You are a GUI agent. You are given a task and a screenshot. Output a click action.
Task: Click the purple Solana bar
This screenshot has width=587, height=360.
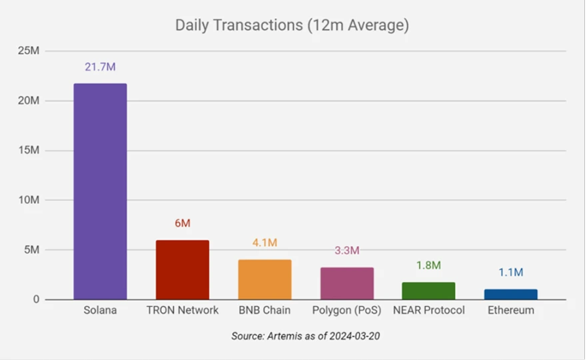100,191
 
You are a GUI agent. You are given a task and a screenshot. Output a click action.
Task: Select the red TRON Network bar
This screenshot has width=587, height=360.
183,269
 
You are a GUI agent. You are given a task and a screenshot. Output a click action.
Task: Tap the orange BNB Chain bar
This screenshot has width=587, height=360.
265,279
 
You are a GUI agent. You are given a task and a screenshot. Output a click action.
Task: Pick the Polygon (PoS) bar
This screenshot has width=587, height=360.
347,283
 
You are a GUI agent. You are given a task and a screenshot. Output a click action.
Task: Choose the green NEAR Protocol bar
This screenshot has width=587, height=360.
428,291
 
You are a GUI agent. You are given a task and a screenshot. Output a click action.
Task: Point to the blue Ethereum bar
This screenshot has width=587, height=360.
511,294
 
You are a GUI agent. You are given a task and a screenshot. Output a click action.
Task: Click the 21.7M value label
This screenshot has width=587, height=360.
101,67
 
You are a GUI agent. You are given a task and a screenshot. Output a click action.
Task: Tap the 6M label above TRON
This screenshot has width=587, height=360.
183,223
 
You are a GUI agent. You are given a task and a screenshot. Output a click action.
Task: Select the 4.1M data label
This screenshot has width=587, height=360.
265,243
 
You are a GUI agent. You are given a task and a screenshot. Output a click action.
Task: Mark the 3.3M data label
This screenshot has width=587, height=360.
346,251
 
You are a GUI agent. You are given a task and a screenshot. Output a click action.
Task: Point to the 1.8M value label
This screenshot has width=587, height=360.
428,265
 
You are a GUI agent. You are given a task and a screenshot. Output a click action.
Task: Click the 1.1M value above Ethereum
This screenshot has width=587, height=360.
511,272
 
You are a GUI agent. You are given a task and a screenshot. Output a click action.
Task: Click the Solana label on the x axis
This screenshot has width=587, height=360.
101,311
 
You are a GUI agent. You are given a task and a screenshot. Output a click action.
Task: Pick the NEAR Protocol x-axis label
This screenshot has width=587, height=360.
429,311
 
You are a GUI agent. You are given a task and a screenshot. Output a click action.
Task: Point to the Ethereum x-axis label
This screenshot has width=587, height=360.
511,311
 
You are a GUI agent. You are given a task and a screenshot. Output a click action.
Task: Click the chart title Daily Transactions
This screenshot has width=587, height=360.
292,26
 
